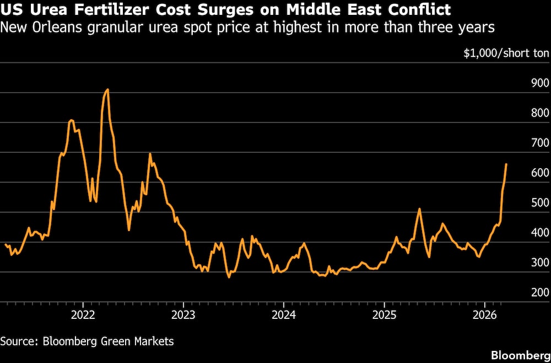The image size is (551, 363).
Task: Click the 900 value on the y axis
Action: (x=540, y=83)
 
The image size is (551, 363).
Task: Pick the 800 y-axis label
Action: (x=540, y=113)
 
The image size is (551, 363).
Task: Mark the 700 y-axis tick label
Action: (x=540, y=143)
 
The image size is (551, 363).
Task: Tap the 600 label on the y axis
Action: (x=540, y=173)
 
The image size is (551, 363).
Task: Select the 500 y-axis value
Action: (x=540, y=203)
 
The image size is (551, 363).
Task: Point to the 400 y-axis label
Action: (x=540, y=233)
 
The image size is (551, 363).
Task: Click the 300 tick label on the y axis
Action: (x=540, y=263)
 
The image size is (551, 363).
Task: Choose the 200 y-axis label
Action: (x=540, y=292)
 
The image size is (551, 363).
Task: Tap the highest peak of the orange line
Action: (x=107, y=89)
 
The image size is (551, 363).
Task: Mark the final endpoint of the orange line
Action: (x=506, y=164)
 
